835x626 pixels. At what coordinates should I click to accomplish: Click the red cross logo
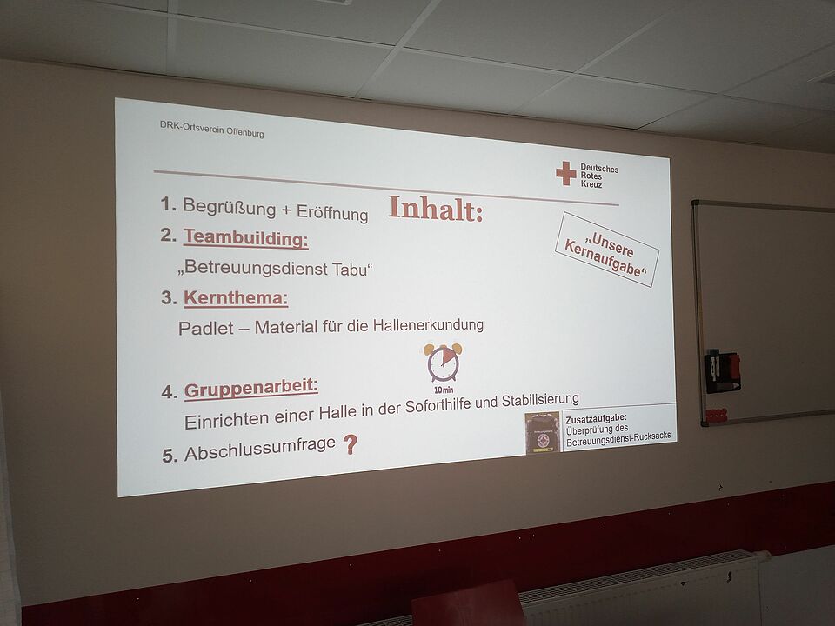click(x=566, y=174)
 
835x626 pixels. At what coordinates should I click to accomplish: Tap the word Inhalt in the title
click(x=435, y=209)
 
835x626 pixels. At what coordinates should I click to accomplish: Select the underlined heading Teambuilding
click(x=246, y=238)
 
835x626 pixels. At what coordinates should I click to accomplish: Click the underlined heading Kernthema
click(x=236, y=298)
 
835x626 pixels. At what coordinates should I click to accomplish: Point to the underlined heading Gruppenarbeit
click(x=250, y=389)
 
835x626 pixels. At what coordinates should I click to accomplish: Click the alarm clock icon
click(x=443, y=363)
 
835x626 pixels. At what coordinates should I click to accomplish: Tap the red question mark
click(x=350, y=444)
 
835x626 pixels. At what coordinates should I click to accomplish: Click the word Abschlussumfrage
click(x=260, y=450)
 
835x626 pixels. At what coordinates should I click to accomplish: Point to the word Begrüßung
click(x=230, y=207)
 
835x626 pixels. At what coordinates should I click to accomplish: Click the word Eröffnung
click(x=332, y=212)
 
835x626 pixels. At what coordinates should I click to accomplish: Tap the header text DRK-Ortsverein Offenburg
click(x=212, y=129)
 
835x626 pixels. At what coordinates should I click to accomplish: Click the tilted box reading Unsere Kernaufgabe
click(x=607, y=250)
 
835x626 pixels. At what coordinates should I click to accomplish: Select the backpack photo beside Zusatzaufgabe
click(x=542, y=433)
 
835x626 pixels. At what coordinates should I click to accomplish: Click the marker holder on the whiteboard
click(x=722, y=371)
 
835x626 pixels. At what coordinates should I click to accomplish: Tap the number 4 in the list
click(x=168, y=392)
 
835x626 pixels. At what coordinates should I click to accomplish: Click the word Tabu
click(x=350, y=270)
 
